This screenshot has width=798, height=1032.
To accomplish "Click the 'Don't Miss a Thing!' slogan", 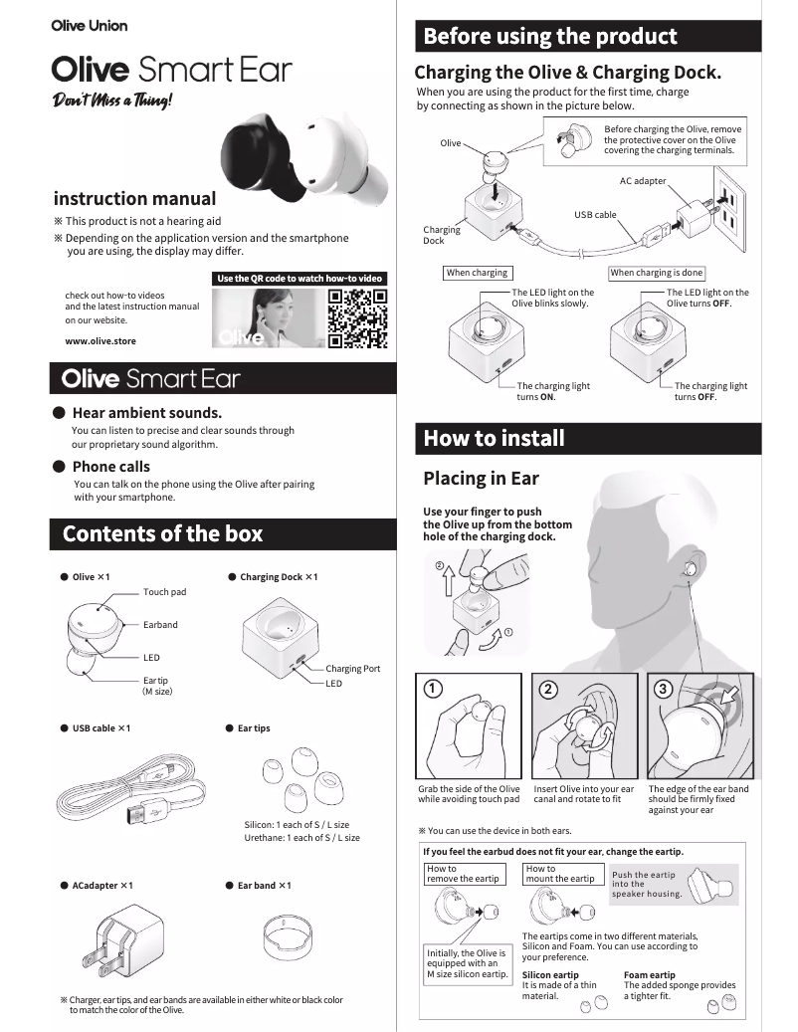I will pyautogui.click(x=112, y=101).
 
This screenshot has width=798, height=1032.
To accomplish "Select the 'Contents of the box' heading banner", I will pyautogui.click(x=162, y=533).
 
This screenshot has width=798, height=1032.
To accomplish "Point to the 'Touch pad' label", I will pyautogui.click(x=164, y=592).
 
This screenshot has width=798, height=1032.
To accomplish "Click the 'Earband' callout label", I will pyautogui.click(x=160, y=625).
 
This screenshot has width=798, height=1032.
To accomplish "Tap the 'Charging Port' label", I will pyautogui.click(x=352, y=669).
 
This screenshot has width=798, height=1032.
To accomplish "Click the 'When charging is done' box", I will pyautogui.click(x=657, y=273).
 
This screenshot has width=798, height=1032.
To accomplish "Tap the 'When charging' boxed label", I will pyautogui.click(x=477, y=273).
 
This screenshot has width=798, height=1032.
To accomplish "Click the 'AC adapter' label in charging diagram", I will pyautogui.click(x=642, y=180).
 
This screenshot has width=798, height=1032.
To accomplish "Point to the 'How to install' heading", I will pyautogui.click(x=494, y=438).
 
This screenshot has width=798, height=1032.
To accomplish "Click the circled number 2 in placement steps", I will pyautogui.click(x=548, y=689).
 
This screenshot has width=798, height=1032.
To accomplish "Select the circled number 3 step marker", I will pyautogui.click(x=664, y=689).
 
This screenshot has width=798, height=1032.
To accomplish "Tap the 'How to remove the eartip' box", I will pyautogui.click(x=463, y=874).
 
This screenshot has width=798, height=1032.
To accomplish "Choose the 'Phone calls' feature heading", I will pyautogui.click(x=111, y=466).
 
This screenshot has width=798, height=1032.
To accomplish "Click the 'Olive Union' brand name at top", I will pyautogui.click(x=89, y=25).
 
